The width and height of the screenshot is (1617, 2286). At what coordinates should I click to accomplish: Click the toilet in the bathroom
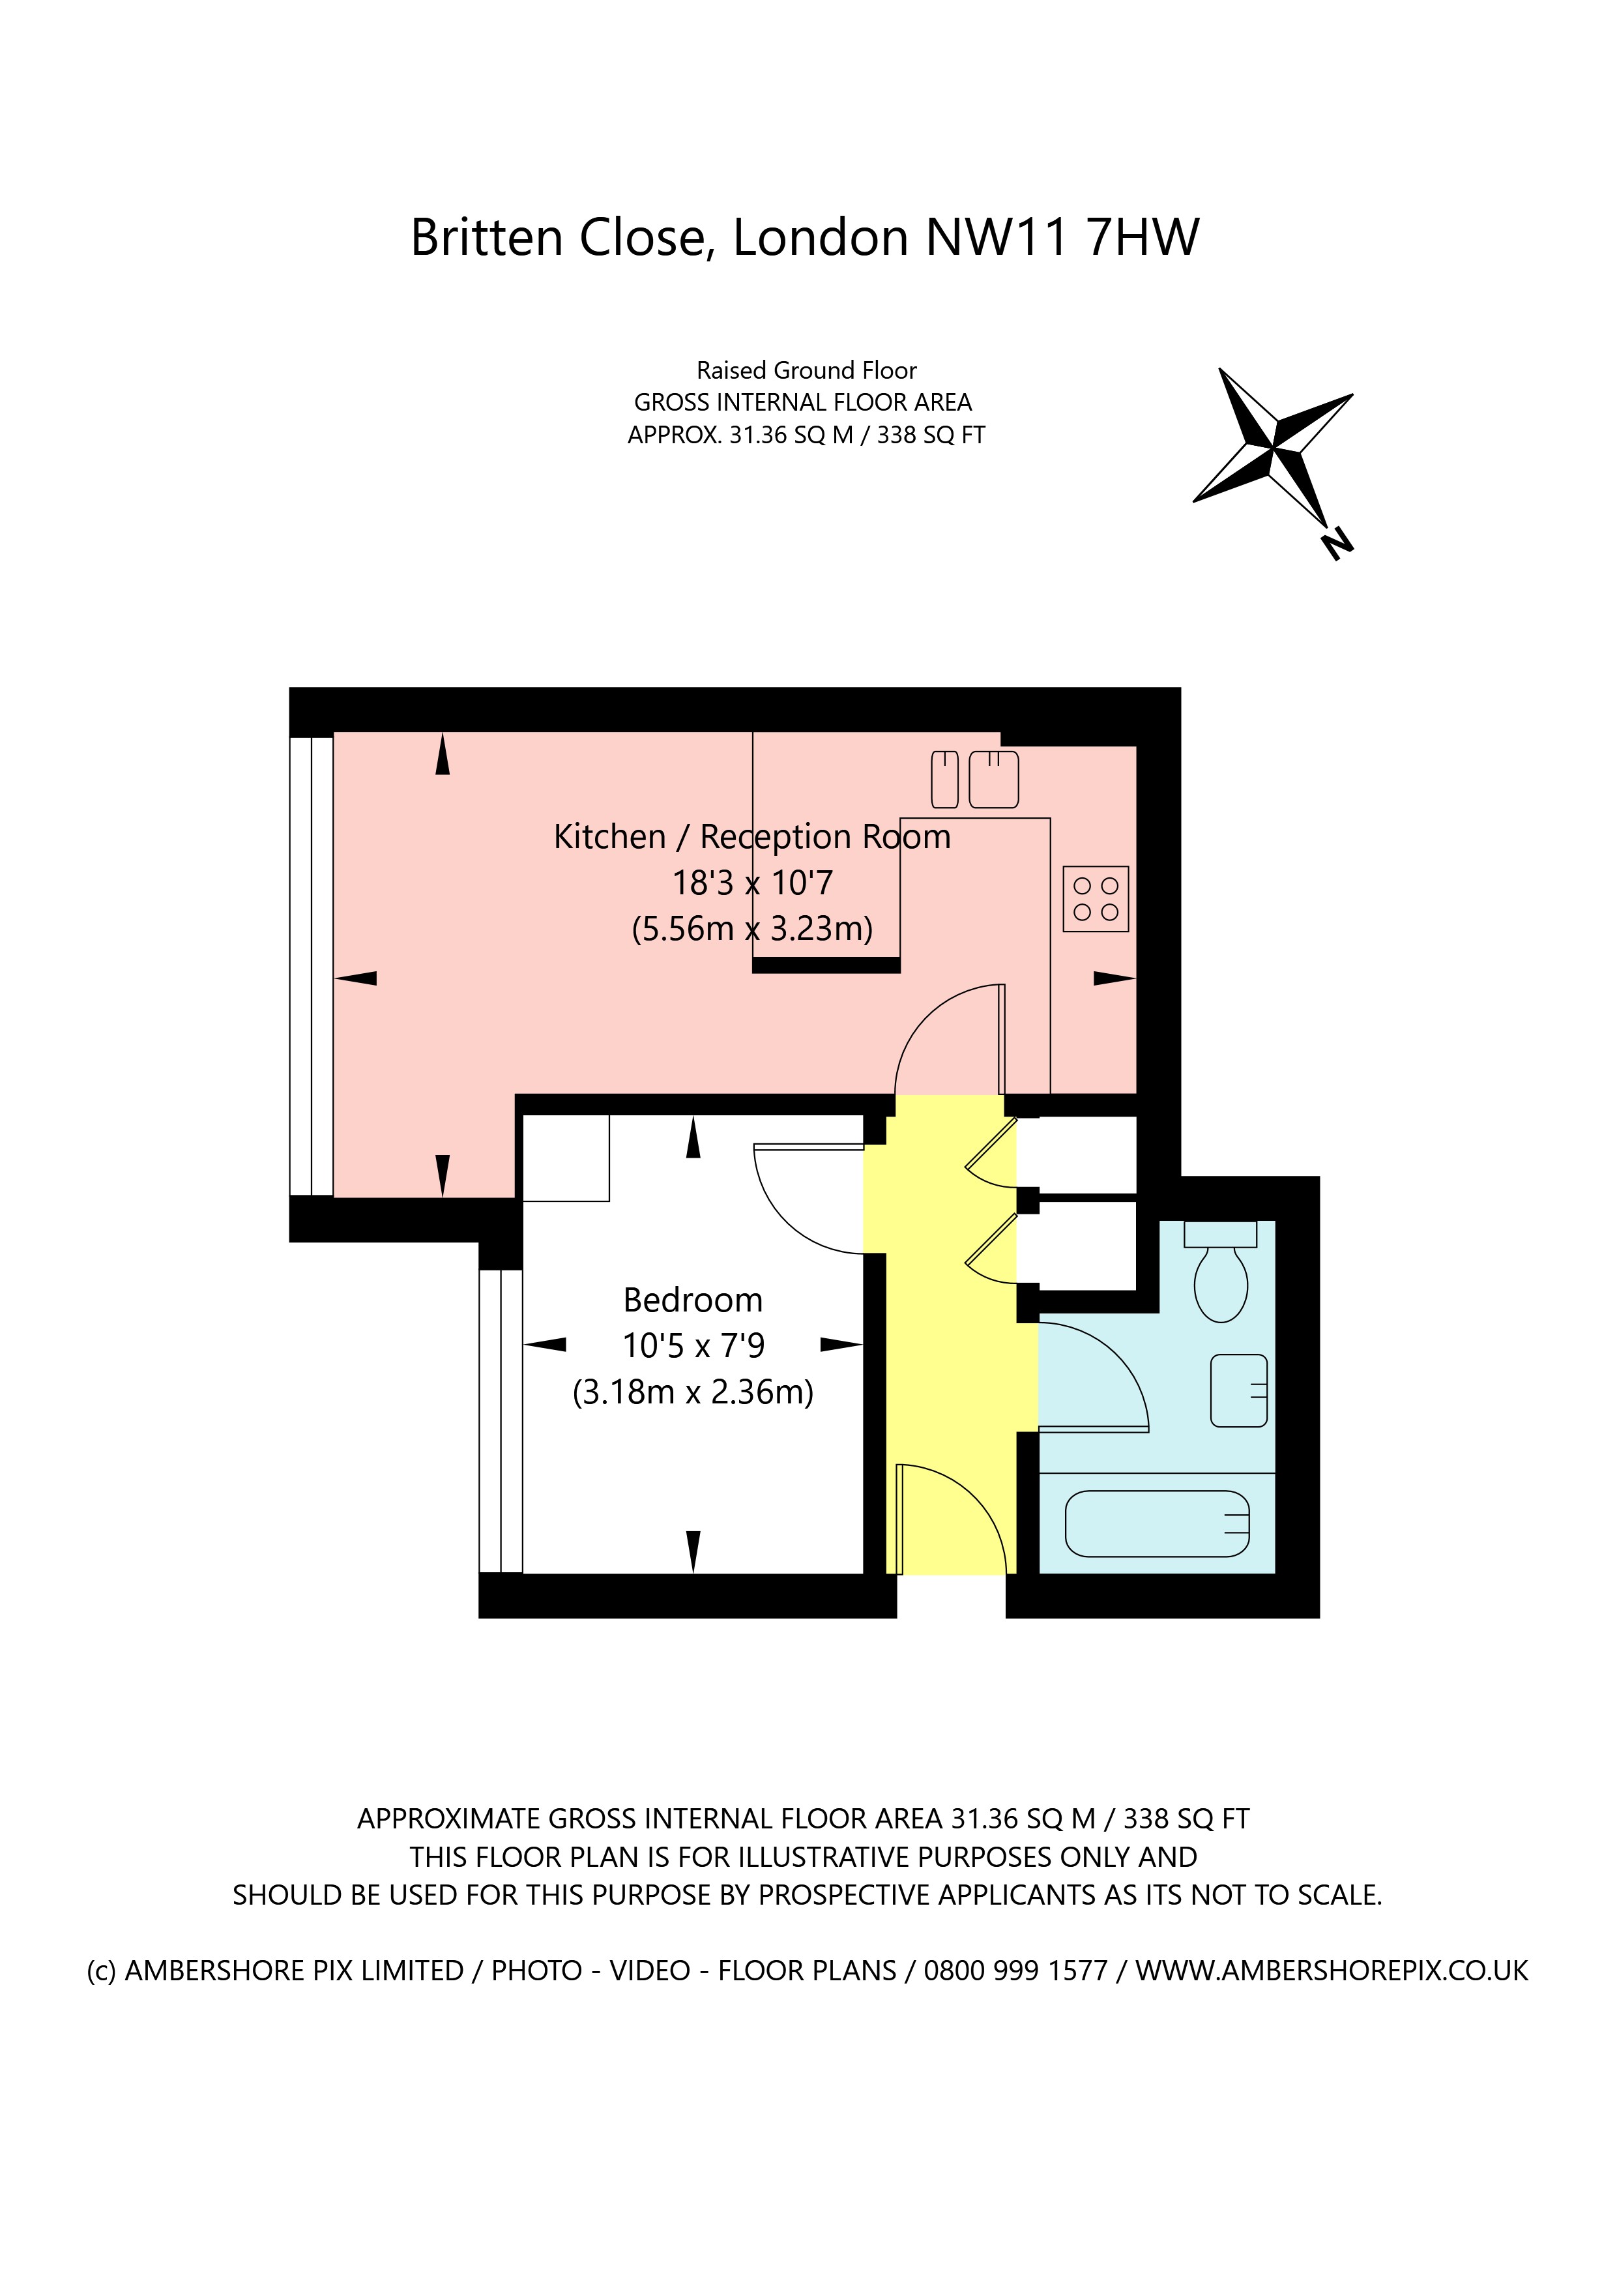(1221, 1280)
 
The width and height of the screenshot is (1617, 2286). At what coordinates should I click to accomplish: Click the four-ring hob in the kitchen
(1095, 899)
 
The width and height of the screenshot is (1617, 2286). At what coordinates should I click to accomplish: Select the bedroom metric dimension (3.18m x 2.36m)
(693, 1391)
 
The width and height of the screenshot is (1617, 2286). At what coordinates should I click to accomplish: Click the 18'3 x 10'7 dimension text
(753, 883)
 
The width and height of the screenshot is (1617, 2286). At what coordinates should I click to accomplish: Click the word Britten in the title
(487, 237)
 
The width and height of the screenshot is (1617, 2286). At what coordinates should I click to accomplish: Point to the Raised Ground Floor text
(806, 370)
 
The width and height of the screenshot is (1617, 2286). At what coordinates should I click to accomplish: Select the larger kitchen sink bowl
(994, 780)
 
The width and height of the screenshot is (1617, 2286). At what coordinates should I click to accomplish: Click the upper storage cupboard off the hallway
(1077, 1155)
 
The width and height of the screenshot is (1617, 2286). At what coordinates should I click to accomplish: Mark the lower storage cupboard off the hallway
(1077, 1244)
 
